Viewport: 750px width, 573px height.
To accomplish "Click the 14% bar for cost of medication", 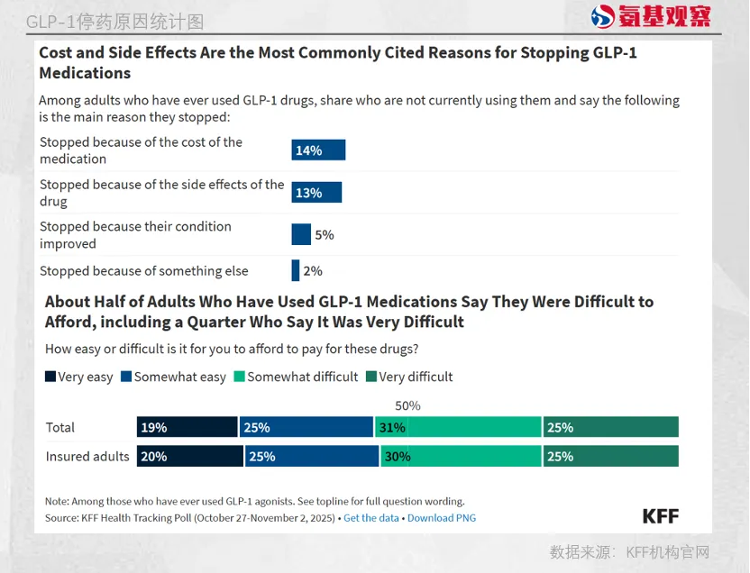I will [x=318, y=150].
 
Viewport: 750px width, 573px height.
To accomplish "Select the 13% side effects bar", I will [x=316, y=192].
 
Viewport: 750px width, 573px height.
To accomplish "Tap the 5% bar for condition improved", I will [x=301, y=234].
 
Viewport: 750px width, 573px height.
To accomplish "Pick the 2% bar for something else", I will [x=295, y=270].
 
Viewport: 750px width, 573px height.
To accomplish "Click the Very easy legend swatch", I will [x=50, y=377].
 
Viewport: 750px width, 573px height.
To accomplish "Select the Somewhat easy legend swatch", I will [x=126, y=377].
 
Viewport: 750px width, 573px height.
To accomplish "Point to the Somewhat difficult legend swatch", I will [x=240, y=377].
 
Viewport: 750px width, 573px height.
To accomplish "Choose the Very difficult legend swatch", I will [x=371, y=377].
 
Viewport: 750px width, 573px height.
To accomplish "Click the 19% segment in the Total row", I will [x=187, y=427].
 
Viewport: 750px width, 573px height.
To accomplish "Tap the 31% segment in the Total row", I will [x=457, y=427].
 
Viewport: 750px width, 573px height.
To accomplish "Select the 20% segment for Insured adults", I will [x=189, y=457].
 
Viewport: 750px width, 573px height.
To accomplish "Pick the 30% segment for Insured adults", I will [x=461, y=457].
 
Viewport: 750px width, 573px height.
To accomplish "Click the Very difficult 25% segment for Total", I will [x=610, y=427].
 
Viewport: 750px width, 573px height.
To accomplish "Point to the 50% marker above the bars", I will [x=407, y=406].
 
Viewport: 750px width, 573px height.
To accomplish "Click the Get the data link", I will [x=370, y=518].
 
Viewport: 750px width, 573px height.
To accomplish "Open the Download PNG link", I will [x=442, y=518].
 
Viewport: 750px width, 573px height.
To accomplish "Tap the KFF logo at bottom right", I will [x=660, y=516].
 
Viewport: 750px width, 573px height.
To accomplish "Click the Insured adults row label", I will [x=87, y=457].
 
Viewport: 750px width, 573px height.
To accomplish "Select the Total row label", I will [x=60, y=427].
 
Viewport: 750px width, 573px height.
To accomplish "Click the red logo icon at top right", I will [x=603, y=16].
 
